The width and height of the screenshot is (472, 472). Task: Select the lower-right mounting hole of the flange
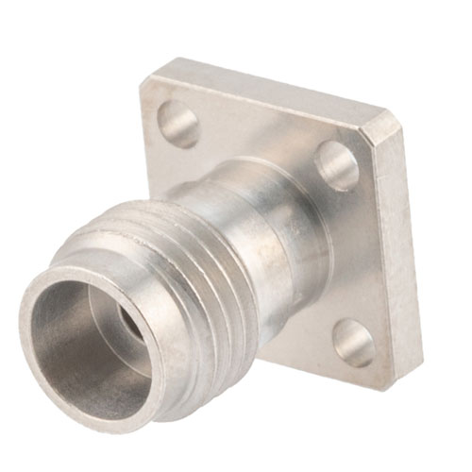[353, 342]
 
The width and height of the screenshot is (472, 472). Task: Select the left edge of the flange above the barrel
[149, 142]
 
